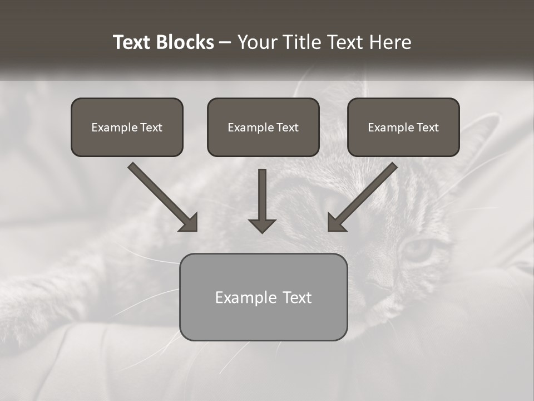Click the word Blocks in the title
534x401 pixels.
[x=185, y=42]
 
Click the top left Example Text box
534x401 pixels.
[x=127, y=127]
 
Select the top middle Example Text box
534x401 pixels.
[x=263, y=127]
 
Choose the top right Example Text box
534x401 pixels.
[x=403, y=127]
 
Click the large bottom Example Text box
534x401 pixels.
[x=263, y=297]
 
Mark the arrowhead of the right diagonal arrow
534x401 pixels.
[x=335, y=223]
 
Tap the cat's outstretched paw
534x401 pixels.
[x=22, y=312]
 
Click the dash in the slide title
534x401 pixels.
[x=225, y=43]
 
